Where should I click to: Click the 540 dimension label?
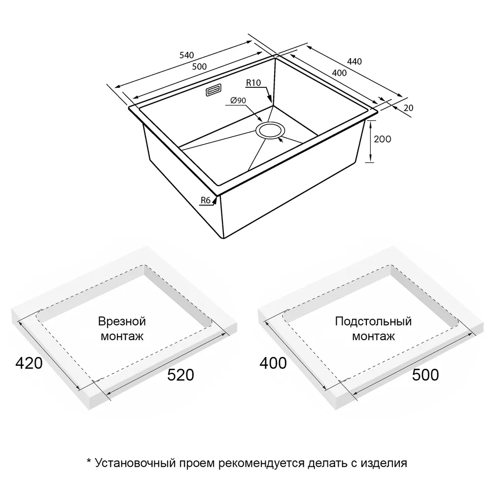(187, 55)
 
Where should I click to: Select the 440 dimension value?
(354, 62)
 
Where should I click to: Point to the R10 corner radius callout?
(253, 83)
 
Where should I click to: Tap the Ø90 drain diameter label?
(238, 101)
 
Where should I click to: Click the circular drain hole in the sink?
(270, 131)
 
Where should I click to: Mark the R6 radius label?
(206, 200)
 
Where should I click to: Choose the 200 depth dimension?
(383, 139)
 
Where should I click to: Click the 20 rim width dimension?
(408, 108)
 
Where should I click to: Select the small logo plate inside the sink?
(214, 90)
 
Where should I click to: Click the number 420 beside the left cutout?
(29, 363)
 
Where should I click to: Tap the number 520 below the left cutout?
(180, 375)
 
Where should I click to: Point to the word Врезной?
(122, 321)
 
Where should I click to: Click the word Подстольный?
(373, 321)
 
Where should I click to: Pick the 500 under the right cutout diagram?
(425, 375)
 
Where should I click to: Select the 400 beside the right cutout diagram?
(273, 363)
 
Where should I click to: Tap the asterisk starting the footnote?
(89, 461)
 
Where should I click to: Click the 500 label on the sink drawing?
(199, 67)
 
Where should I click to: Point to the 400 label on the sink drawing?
(339, 73)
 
